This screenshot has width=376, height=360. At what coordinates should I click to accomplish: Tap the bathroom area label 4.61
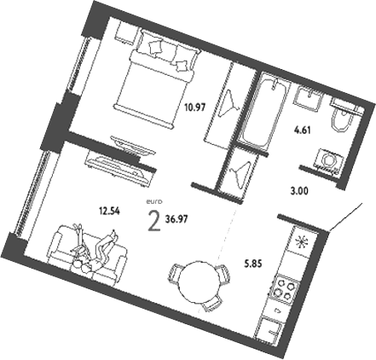[x=301, y=131]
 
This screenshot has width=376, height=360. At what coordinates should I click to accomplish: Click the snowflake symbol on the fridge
[x=304, y=242]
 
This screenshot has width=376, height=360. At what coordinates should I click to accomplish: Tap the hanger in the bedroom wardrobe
[x=228, y=106]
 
